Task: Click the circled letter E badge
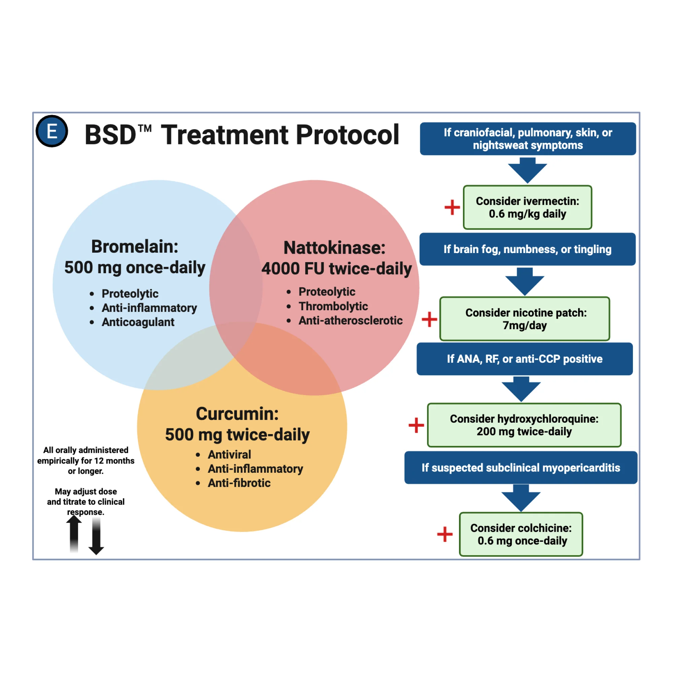(52, 131)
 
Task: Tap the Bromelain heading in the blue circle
(135, 247)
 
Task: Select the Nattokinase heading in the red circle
(334, 248)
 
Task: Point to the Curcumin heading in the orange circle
(237, 414)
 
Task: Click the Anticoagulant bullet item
(138, 322)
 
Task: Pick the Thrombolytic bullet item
(333, 306)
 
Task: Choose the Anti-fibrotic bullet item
(239, 483)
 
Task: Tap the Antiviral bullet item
(229, 454)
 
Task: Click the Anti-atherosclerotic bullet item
(350, 320)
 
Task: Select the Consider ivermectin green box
(527, 207)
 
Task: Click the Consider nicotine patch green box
(525, 319)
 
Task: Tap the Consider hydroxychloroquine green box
(524, 425)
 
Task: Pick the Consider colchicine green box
(521, 534)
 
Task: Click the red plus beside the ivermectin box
(452, 207)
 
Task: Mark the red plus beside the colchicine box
(445, 534)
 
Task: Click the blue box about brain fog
(527, 249)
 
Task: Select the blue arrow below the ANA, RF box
(521, 389)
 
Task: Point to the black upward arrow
(74, 533)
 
